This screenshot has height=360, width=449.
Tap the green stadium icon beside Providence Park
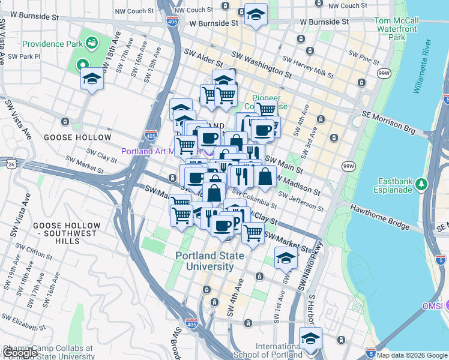[x=92, y=43]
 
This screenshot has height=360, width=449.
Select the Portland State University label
[x=210, y=261]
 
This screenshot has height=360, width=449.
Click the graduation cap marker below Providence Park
[x=92, y=79]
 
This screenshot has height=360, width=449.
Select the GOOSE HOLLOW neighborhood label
[x=70, y=137]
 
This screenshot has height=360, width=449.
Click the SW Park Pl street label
[x=24, y=58]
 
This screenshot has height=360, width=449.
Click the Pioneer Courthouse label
[x=270, y=102]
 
